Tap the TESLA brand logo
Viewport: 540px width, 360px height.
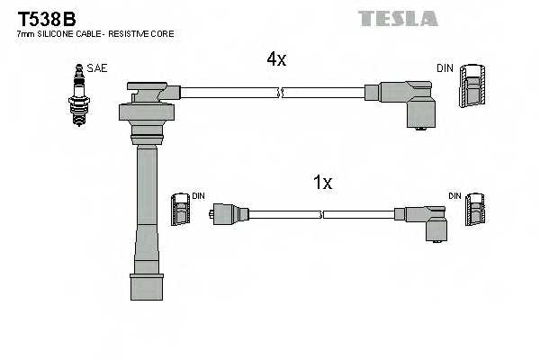397,18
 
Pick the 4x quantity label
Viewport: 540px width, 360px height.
275,59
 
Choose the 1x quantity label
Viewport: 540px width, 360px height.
322,183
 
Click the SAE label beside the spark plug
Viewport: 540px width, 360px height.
96,67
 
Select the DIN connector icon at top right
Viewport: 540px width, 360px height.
472,88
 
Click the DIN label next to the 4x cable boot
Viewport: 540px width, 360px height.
445,67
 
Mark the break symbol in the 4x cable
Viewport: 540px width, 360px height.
281,91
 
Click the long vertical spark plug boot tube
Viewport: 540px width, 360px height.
147,207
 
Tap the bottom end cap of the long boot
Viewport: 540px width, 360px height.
147,286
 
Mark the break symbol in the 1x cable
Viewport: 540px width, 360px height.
321,214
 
